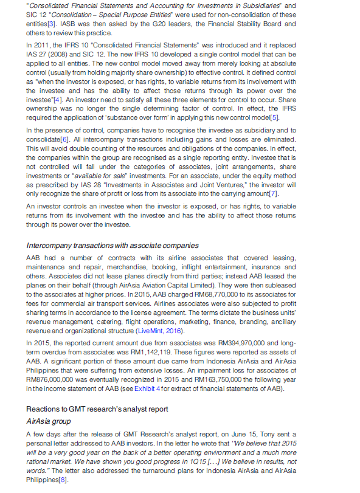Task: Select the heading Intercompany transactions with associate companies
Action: [x=112, y=246]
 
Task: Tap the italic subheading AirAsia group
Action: [x=50, y=421]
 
